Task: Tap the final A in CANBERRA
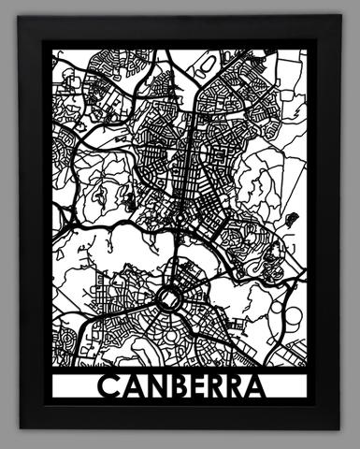(259, 385)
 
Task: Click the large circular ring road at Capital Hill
(169, 298)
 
